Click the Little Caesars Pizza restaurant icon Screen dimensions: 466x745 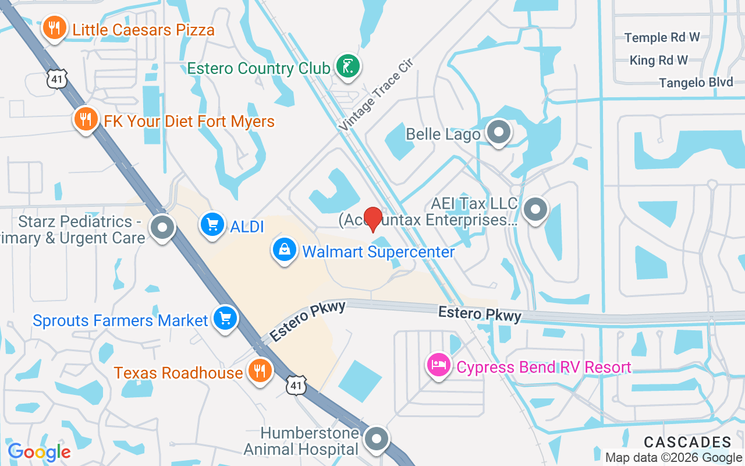point(54,27)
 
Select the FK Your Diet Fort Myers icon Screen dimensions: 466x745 point(86,119)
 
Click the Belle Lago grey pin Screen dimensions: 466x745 point(498,132)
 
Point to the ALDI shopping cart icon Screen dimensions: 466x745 point(212,224)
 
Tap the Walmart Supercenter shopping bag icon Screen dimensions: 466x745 point(284,250)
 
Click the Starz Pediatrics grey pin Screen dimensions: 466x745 point(162,227)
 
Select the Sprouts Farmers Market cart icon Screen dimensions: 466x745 point(225,318)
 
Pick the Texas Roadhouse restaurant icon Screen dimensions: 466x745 point(260,370)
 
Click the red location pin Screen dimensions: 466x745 point(372,218)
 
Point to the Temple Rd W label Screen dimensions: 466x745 point(662,38)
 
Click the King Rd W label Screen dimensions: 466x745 point(658,60)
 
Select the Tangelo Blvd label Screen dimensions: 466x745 point(696,83)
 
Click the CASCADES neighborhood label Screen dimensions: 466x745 point(687,442)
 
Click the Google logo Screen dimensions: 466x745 point(39,451)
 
